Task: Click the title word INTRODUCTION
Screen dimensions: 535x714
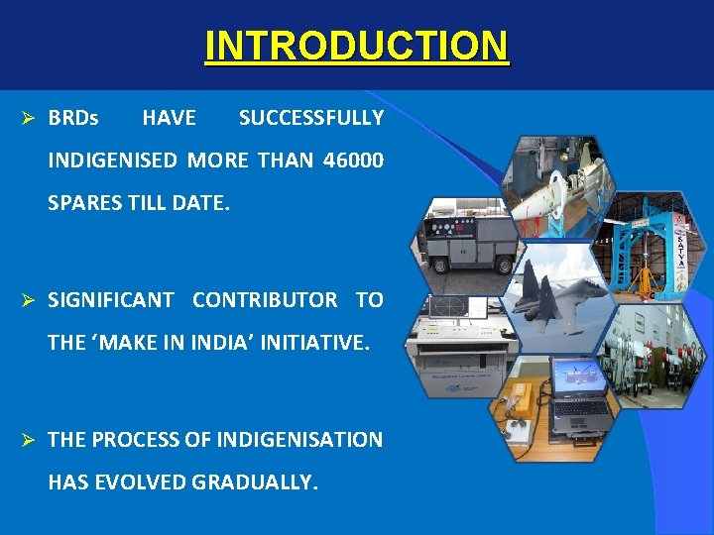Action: pyautogui.click(x=356, y=46)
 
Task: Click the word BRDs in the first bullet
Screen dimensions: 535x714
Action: pyautogui.click(x=73, y=119)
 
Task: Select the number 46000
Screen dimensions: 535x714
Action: pyautogui.click(x=353, y=160)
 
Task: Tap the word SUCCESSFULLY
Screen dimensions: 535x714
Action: pyautogui.click(x=310, y=119)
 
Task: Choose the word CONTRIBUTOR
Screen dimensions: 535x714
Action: pyautogui.click(x=265, y=300)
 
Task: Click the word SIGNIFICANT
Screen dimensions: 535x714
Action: pyautogui.click(x=111, y=300)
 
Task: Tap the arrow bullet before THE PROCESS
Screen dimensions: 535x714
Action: pyautogui.click(x=29, y=440)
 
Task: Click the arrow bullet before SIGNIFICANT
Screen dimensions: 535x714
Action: pyautogui.click(x=29, y=300)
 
